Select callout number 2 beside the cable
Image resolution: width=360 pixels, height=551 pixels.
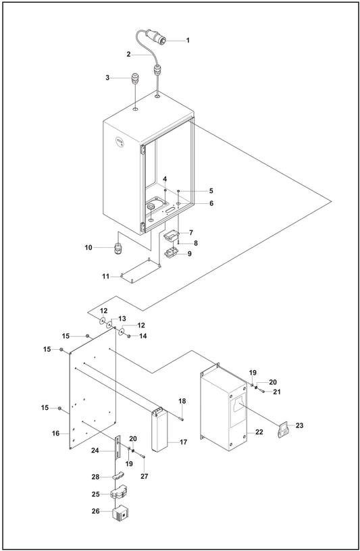pyautogui.click(x=128, y=53)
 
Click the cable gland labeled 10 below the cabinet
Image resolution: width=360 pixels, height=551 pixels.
pyautogui.click(x=118, y=249)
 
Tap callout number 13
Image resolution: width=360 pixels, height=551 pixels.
pyautogui.click(x=122, y=318)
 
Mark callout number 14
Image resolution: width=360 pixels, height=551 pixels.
pyautogui.click(x=143, y=336)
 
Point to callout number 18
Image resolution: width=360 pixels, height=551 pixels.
pyautogui.click(x=182, y=401)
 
